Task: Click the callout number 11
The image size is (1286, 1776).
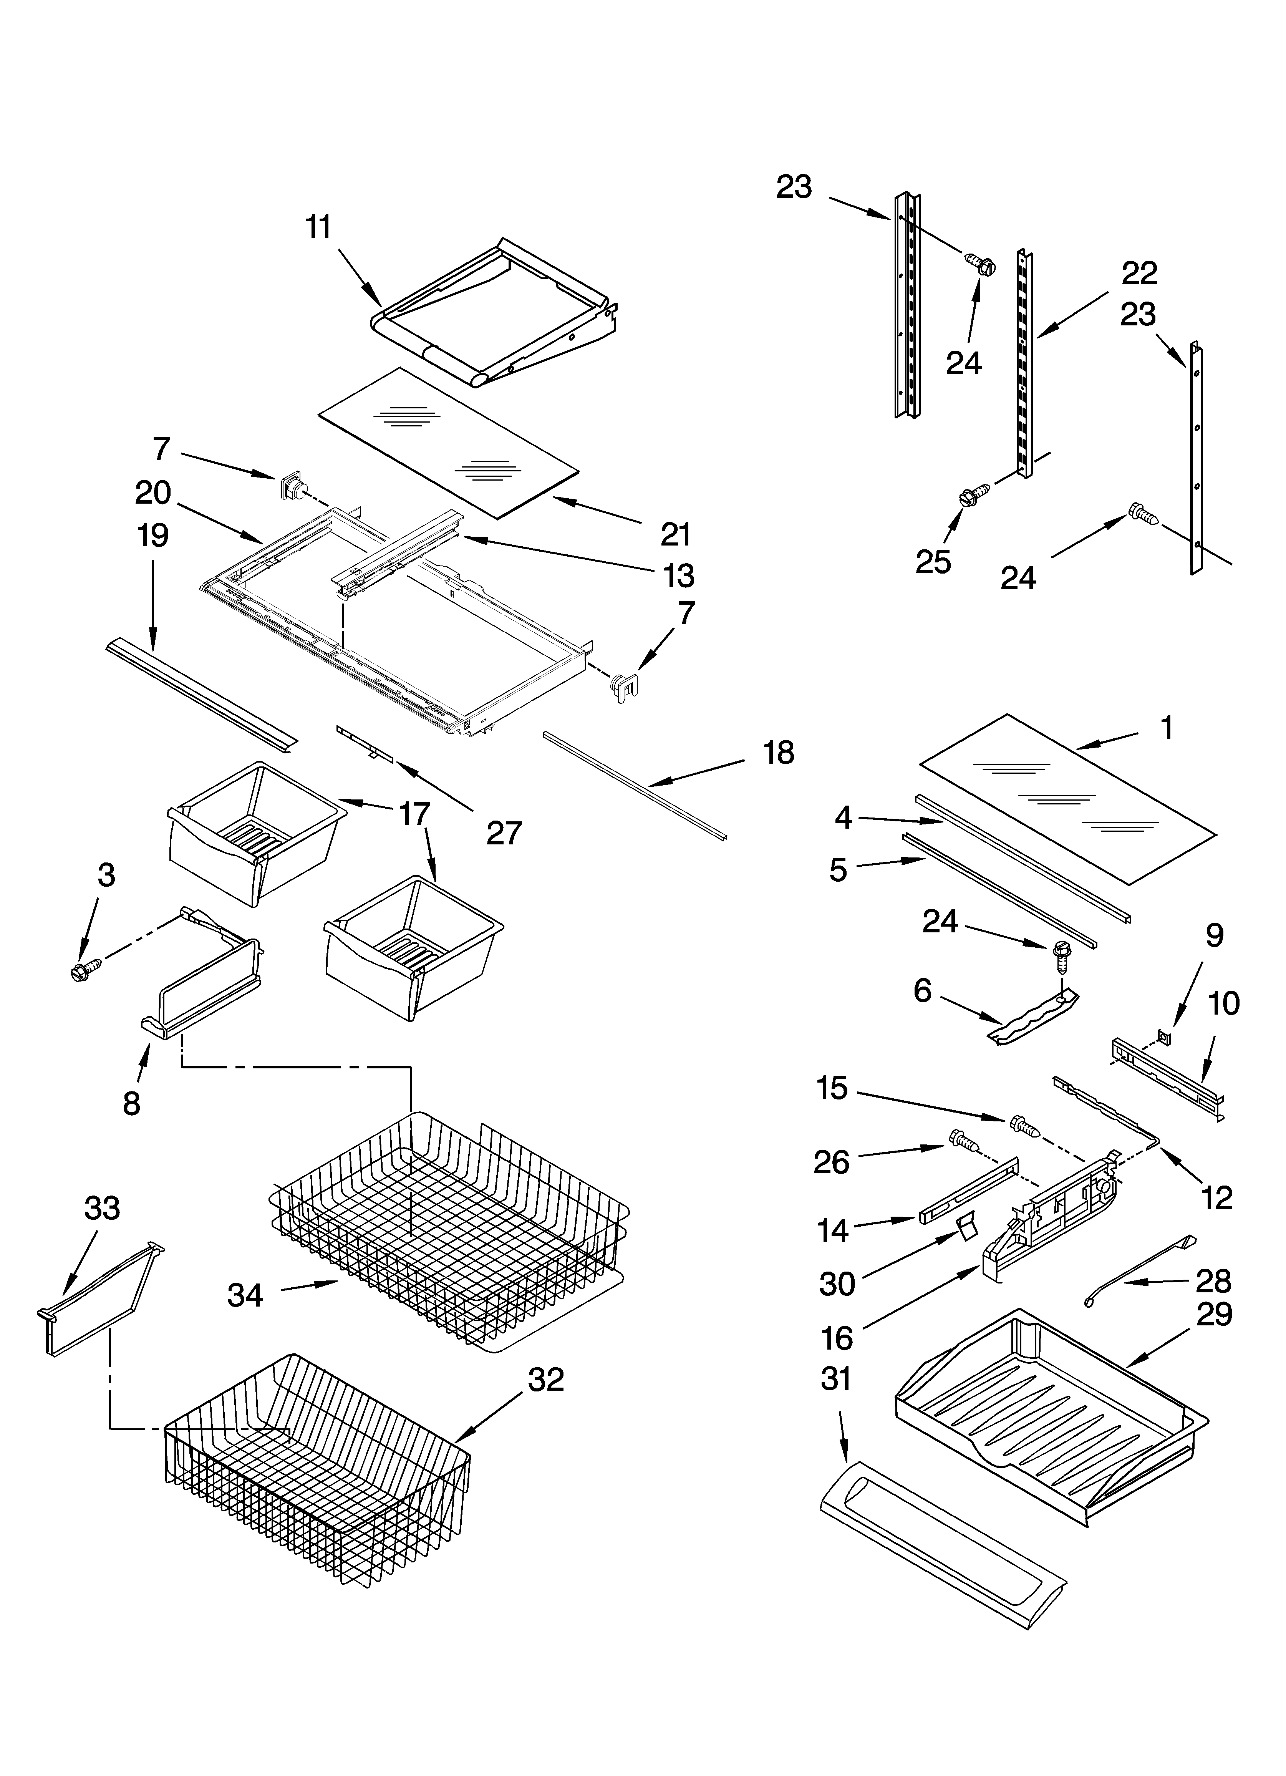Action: [318, 227]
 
